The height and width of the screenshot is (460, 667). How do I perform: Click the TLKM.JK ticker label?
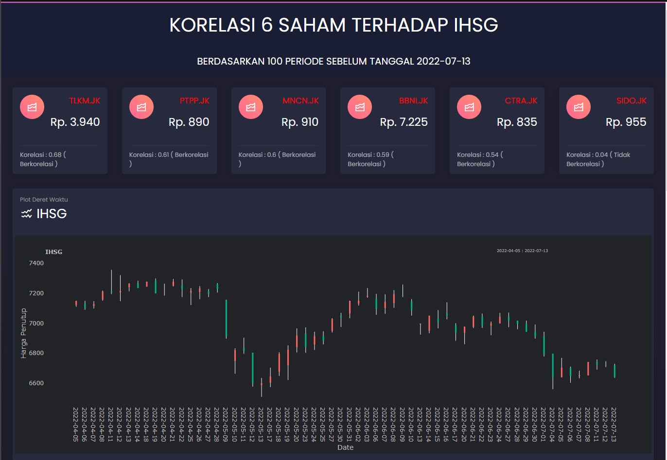pos(84,101)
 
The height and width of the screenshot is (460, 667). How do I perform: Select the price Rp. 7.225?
pos(404,122)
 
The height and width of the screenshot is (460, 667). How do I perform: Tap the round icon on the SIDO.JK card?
pos(579,107)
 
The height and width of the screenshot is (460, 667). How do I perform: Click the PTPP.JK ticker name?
pos(194,101)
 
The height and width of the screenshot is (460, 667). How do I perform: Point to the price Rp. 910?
pos(299,122)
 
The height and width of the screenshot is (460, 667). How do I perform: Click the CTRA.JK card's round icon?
pos(469,107)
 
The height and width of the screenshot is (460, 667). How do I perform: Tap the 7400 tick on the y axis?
pos(36,263)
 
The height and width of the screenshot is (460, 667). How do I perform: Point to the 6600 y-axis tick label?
pos(36,383)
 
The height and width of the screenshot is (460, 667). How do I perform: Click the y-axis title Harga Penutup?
pos(24,333)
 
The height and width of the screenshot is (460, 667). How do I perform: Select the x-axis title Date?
pos(345,447)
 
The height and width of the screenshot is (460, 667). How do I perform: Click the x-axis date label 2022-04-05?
pos(75,424)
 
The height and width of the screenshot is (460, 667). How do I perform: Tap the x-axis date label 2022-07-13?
pos(614,424)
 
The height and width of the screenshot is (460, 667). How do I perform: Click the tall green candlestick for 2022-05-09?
pos(226,319)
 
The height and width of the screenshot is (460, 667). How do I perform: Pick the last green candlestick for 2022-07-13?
pos(614,371)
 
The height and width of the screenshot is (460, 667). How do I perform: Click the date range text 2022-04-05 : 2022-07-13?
pos(522,251)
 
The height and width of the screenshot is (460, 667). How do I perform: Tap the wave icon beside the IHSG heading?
pos(26,214)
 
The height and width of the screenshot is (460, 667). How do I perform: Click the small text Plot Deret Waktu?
pos(44,200)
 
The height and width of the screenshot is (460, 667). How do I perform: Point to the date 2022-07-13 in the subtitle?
pos(443,62)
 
